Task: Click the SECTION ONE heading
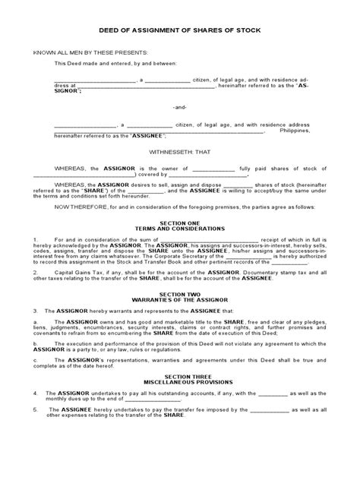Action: (180, 221)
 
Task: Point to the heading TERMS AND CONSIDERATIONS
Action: (180, 227)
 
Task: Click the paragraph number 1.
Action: (35, 241)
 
